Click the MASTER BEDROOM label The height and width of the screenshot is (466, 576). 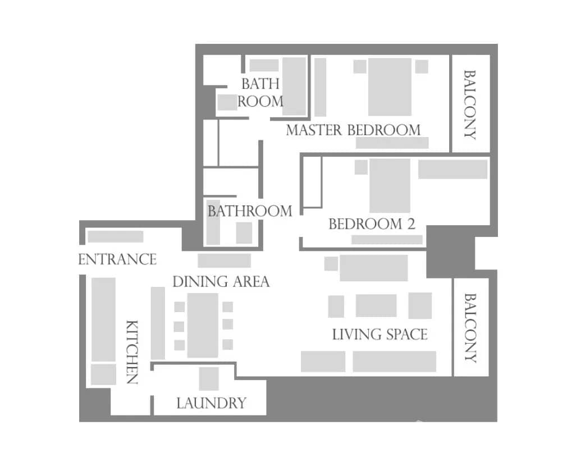coord(353,130)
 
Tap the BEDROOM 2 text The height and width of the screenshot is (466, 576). coord(372,225)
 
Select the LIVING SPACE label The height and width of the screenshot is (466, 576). coord(380,335)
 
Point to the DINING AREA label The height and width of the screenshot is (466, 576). coord(221,281)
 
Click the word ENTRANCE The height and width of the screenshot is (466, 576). coord(117,259)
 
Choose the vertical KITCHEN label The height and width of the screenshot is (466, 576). coord(131,352)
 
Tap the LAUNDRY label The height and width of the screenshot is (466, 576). coord(211,403)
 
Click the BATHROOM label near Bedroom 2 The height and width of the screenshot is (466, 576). coord(250,211)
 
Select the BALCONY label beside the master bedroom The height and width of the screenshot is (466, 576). coord(470,104)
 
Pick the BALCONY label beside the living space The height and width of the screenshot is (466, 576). coord(470,328)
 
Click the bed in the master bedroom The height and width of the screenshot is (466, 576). coord(390,86)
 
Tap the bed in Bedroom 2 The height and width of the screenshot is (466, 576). coord(390,185)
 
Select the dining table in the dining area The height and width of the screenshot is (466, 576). coord(203,325)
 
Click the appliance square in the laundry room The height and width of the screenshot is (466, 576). coord(209,378)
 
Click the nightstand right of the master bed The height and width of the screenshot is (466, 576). coord(421,66)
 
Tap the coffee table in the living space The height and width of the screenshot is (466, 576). coord(376,305)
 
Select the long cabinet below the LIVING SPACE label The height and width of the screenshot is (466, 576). coord(394,362)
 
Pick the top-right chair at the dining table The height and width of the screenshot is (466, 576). coord(227,307)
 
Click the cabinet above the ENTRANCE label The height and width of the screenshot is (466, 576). coord(116,236)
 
